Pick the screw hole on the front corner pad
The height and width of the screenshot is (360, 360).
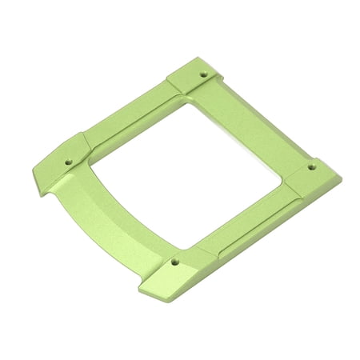[175, 261]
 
